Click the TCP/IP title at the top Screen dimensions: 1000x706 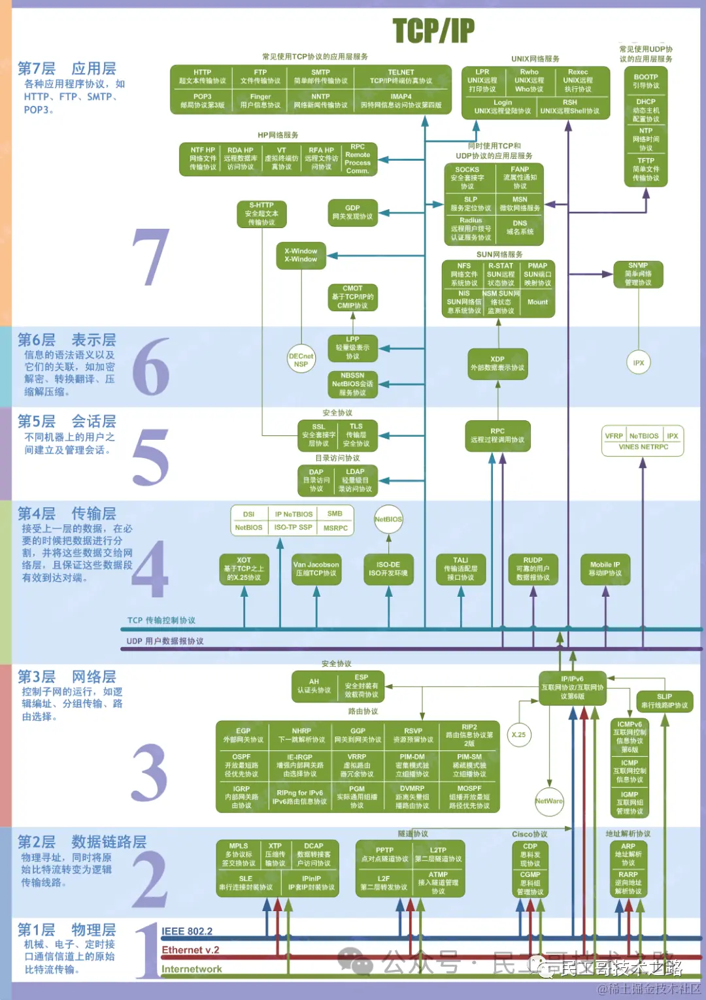[x=433, y=30]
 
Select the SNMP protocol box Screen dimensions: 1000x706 [x=638, y=275]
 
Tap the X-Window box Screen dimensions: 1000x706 [x=301, y=256]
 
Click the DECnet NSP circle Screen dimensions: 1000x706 [x=301, y=360]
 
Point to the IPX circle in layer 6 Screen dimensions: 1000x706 [x=639, y=363]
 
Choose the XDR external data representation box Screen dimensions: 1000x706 [x=497, y=364]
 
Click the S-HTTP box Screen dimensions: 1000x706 [x=261, y=214]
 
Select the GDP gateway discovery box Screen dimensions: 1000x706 [x=352, y=212]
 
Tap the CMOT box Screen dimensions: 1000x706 [x=352, y=297]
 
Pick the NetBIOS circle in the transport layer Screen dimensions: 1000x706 [x=388, y=520]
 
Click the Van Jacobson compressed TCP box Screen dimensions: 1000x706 [x=316, y=569]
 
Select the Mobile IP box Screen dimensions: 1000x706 [x=605, y=569]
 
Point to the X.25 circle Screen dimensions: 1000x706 [x=518, y=735]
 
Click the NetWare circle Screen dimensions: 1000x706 [x=548, y=801]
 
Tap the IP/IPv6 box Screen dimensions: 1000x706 [x=573, y=688]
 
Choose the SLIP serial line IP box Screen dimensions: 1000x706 [x=664, y=701]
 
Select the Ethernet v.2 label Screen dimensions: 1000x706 [x=190, y=950]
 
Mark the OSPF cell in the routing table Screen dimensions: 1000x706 [x=242, y=765]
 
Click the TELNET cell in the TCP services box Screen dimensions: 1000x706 [x=401, y=76]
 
